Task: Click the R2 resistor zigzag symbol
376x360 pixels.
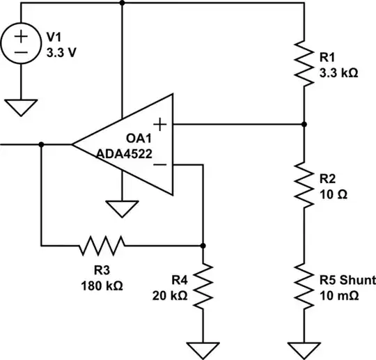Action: tap(304, 185)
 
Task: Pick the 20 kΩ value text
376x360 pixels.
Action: tap(170, 295)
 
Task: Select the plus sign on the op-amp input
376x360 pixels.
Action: tap(160, 125)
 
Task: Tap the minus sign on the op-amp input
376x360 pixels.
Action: tap(160, 165)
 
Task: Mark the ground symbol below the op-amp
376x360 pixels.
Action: tap(122, 208)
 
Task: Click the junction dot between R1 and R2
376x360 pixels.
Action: tap(304, 125)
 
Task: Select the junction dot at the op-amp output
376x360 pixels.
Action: tap(42, 145)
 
